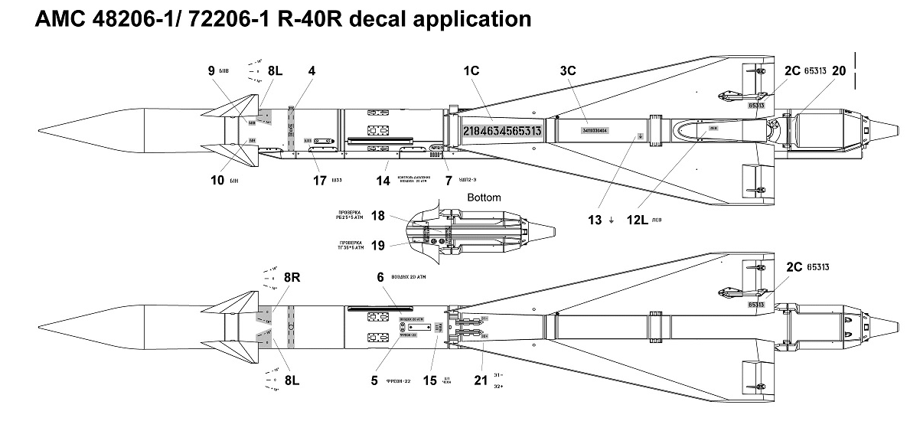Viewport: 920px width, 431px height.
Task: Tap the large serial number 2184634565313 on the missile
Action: pyautogui.click(x=502, y=132)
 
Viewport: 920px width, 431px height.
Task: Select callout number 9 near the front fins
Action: pyautogui.click(x=211, y=70)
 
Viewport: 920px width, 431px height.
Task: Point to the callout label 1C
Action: pyautogui.click(x=471, y=70)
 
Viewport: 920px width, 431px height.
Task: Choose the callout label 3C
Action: pyautogui.click(x=567, y=70)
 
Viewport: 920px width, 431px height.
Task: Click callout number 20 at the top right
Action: pyautogui.click(x=839, y=70)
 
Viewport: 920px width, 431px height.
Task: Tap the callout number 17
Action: pyautogui.click(x=320, y=181)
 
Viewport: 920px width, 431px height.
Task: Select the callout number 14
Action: pyautogui.click(x=382, y=181)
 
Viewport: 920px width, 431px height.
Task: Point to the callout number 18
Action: pyautogui.click(x=377, y=215)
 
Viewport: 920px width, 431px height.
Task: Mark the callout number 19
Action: pyautogui.click(x=377, y=245)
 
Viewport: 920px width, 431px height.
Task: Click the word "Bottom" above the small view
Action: pyautogui.click(x=484, y=198)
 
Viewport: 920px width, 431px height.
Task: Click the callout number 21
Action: pyautogui.click(x=480, y=380)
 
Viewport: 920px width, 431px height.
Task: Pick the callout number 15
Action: pyautogui.click(x=430, y=380)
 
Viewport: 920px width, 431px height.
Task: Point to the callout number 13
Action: pyautogui.click(x=592, y=219)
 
